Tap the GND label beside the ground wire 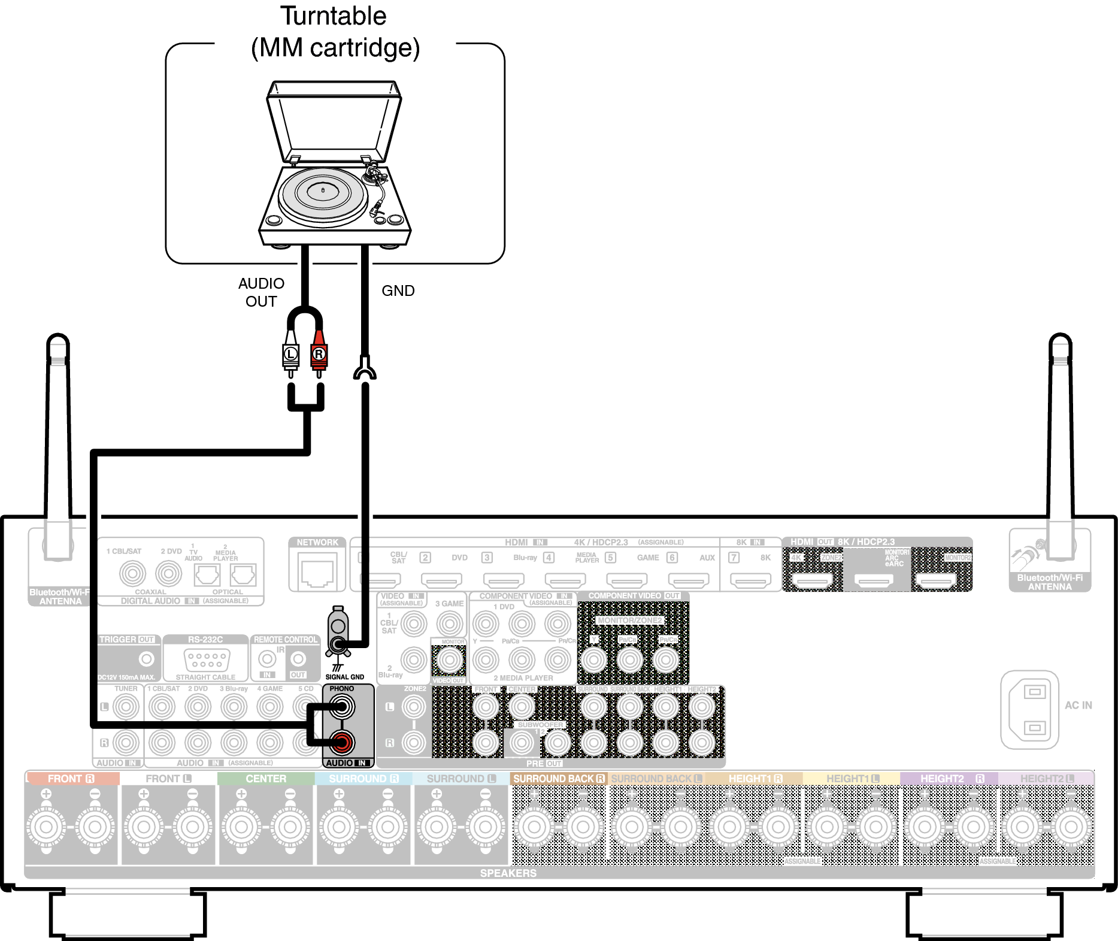click(398, 291)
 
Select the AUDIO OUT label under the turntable click(261, 292)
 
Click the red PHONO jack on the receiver click(341, 743)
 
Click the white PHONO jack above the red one click(341, 707)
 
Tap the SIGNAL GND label click(344, 677)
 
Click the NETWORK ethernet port click(317, 572)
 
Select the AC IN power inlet click(1030, 710)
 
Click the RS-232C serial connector click(206, 660)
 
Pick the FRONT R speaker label click(71, 779)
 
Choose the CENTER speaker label click(266, 779)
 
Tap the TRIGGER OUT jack click(146, 659)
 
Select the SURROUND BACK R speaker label click(559, 779)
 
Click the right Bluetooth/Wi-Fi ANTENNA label click(1050, 582)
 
